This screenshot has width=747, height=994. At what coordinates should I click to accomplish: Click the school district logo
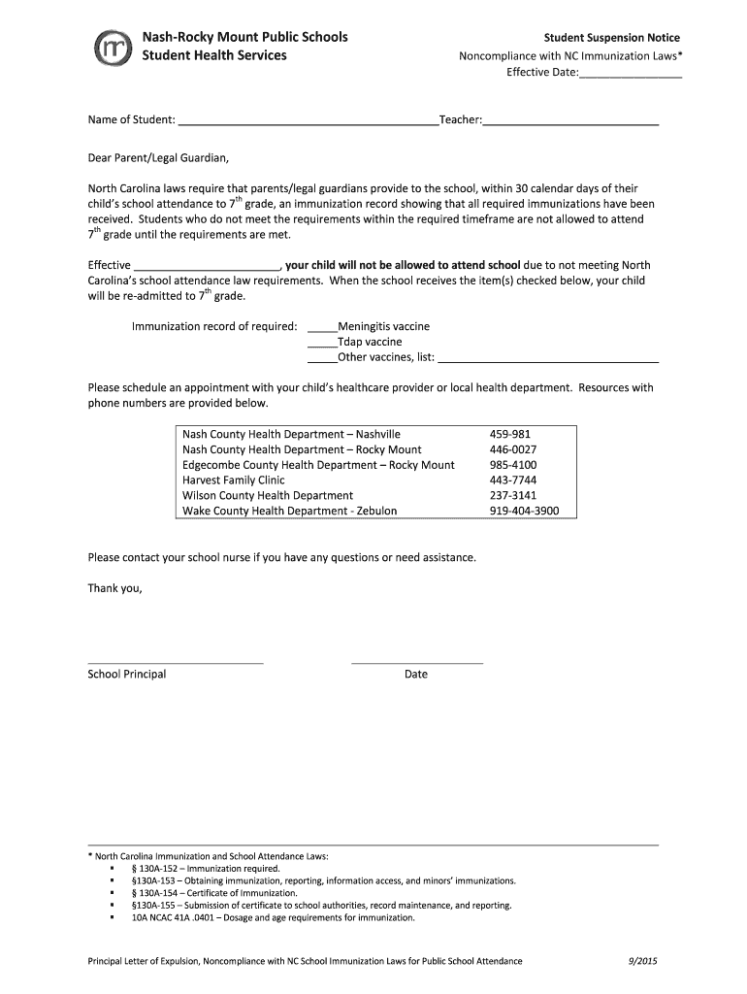109,49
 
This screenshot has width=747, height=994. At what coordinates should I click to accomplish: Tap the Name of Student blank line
308,121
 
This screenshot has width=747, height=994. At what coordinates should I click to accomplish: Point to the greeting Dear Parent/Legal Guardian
160,157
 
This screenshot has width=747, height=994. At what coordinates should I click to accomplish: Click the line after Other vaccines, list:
548,358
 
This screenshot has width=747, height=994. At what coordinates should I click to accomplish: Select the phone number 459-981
510,435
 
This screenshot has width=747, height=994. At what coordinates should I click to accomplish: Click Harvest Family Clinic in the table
234,480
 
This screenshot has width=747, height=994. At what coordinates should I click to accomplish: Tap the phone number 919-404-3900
524,511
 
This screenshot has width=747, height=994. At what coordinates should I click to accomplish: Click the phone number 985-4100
513,465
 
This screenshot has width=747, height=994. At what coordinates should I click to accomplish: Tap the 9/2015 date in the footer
642,961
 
